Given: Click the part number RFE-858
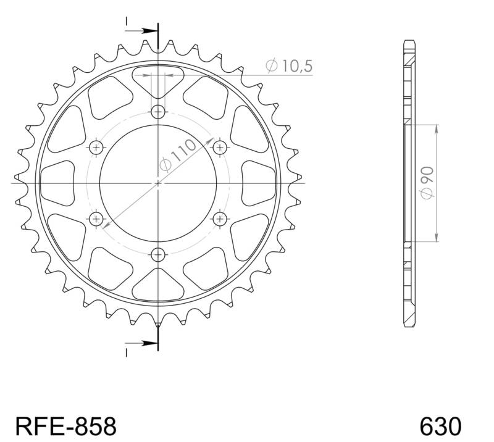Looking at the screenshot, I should pos(64,425).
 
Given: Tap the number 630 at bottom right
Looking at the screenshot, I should pos(440,425).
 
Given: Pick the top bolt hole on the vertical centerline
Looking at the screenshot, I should pos(159,112).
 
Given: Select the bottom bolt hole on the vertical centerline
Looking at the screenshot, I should pos(159,254).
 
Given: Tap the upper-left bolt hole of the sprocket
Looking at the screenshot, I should pos(97,147).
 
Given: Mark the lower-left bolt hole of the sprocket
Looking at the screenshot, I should pos(97,219).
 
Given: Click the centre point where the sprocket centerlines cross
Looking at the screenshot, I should pos(159,183).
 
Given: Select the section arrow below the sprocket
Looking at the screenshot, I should pos(146,343).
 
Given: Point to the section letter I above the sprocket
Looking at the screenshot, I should pos(126,22).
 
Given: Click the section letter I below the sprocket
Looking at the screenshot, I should pos(126,352).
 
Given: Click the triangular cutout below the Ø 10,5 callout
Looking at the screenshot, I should pos(159,82).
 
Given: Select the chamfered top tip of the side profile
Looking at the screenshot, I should pos(408,43).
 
